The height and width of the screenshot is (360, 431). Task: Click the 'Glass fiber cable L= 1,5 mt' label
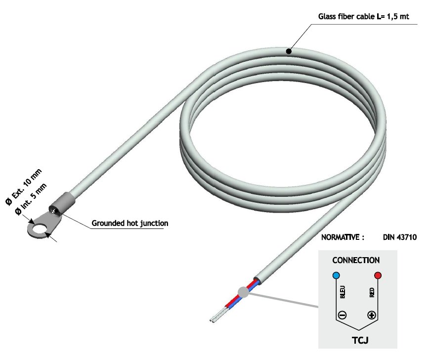coord(363,16)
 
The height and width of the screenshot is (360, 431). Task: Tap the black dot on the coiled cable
coord(289,50)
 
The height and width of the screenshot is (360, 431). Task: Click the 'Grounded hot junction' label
coord(130,224)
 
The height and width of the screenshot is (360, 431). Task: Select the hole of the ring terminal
coord(38,229)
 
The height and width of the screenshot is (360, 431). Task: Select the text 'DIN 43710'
coord(400,237)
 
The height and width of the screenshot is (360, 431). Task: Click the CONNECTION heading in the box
coord(356,260)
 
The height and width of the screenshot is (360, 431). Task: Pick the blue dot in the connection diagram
coord(336,275)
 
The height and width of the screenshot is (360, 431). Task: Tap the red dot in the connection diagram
coord(378,275)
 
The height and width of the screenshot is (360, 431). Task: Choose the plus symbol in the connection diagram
coord(372,315)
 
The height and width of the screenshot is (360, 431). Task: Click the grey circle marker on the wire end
coord(243,292)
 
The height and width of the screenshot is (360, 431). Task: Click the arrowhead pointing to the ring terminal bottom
coord(48,236)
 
